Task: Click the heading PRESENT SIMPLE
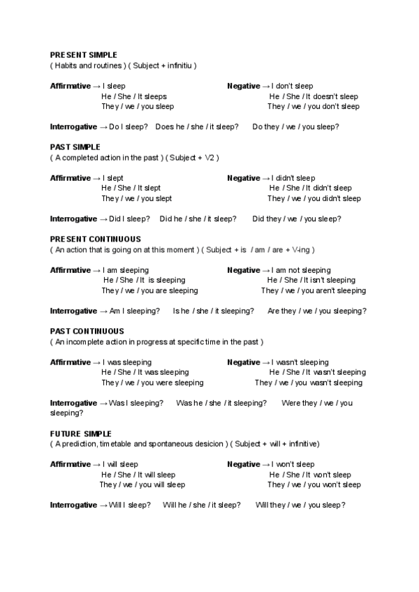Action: [x=83, y=54]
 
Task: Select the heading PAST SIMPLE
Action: [x=75, y=147]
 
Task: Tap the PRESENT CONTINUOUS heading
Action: [x=95, y=239]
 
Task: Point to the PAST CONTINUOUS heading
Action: [x=87, y=331]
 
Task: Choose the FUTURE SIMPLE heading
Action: [x=80, y=434]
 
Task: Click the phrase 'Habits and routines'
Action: [x=87, y=66]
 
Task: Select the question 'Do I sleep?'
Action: [x=128, y=127]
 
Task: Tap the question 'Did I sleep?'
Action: [x=129, y=219]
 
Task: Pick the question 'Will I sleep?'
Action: [x=130, y=505]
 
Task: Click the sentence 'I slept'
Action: [x=113, y=178]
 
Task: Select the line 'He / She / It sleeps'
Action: [x=134, y=96]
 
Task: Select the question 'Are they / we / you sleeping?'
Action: [x=317, y=311]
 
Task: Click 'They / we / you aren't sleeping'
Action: [x=314, y=290]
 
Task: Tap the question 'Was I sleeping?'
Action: [x=136, y=403]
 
